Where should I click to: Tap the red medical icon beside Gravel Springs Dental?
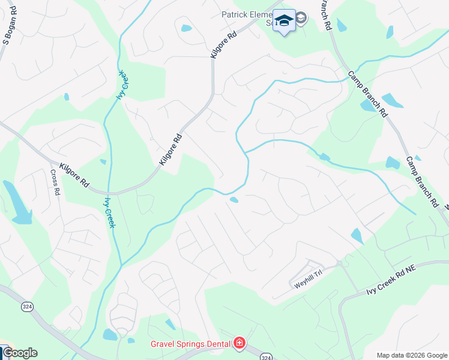pos(240,343)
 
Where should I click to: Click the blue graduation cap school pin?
pos(284,21)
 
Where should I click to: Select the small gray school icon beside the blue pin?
pos(301,19)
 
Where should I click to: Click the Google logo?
pos(19,353)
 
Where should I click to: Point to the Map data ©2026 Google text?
pos(412,355)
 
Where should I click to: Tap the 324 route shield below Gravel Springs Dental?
pos(266,356)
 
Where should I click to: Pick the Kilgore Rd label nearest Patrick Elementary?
pos(223,44)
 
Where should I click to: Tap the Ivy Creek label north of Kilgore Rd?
pos(122,85)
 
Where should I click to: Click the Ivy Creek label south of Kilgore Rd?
pos(110,212)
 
